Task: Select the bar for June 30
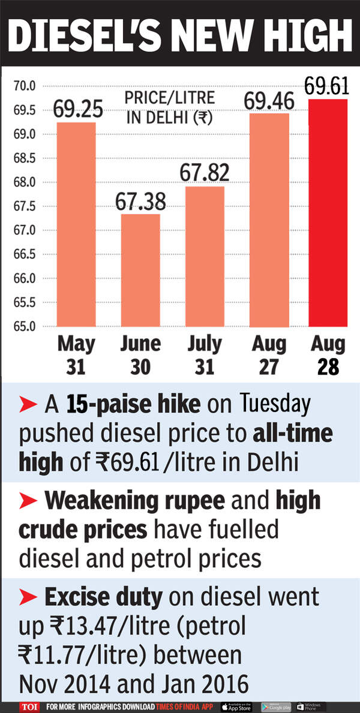(140, 270)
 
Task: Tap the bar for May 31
(76, 224)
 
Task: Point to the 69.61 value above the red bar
(326, 86)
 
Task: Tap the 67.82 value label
(204, 172)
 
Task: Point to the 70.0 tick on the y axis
(25, 86)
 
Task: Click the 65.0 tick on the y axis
(25, 327)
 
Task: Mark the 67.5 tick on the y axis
(25, 206)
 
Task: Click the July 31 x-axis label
(204, 355)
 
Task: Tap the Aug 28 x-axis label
(328, 355)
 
